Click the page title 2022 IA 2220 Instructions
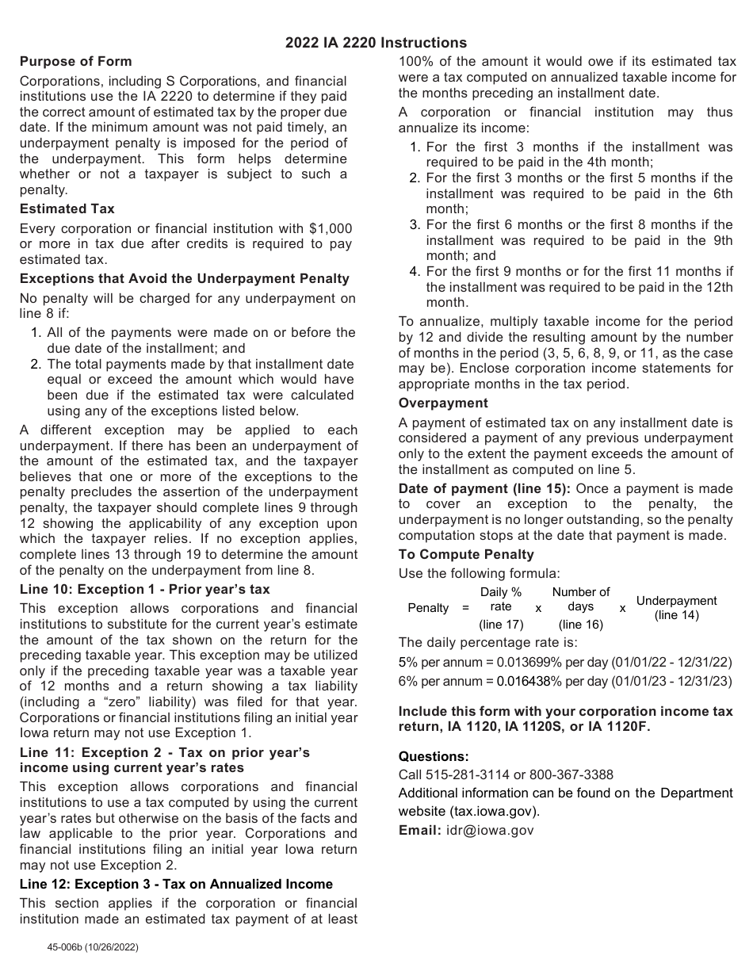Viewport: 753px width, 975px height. pos(376,43)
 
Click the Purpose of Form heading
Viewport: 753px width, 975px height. pos(75,61)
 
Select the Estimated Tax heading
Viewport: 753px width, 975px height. pos(67,208)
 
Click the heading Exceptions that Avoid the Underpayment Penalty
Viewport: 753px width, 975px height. pos(184,278)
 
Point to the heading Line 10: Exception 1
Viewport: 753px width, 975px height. pos(144,589)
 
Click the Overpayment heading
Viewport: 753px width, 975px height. pos(443,403)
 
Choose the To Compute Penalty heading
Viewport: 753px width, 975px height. pos(466,554)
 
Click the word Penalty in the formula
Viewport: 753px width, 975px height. pos(428,608)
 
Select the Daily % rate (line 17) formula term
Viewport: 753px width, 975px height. pos(501,608)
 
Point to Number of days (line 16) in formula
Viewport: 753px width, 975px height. pos(581,608)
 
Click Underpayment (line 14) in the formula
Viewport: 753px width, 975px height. pos(676,608)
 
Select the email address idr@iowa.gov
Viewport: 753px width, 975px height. pos(490,830)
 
